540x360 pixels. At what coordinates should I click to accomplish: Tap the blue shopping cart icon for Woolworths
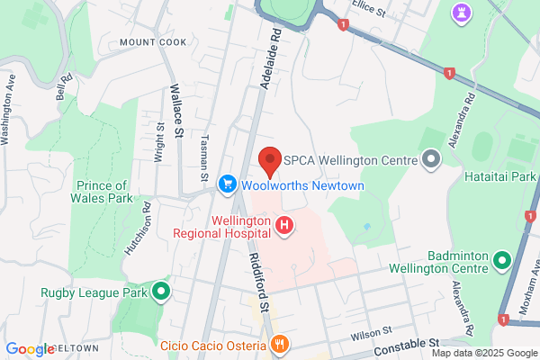pos(228,184)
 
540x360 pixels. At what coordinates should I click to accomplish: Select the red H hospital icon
pos(284,225)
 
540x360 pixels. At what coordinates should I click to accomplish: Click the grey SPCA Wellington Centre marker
pos(431,160)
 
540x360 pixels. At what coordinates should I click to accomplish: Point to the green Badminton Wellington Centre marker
pos(502,262)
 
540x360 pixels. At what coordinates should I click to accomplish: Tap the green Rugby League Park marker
pos(162,290)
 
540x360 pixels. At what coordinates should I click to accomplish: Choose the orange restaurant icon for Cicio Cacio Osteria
pos(281,343)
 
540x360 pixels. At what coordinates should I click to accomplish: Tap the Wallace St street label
pos(177,109)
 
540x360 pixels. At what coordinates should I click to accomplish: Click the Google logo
pos(30,349)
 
